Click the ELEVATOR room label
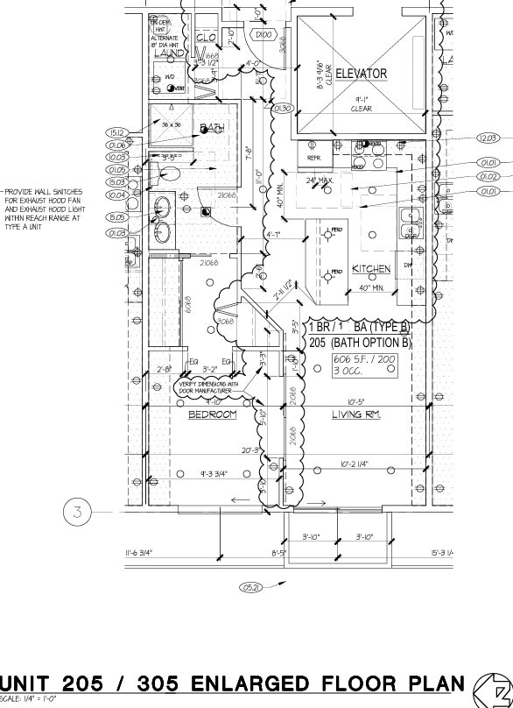pos(361,74)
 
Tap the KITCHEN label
pos(371,269)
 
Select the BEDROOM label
pos(213,414)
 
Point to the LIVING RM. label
pos(355,414)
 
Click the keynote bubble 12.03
pos(488,138)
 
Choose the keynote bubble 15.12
pos(117,133)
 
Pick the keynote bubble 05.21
pos(252,586)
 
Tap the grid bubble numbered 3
pos(77,512)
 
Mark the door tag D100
pos(264,34)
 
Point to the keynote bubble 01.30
pos(282,109)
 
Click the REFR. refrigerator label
pos(314,158)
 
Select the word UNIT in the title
pos(39,684)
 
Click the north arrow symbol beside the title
pos(490,689)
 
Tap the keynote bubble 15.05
pos(117,217)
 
